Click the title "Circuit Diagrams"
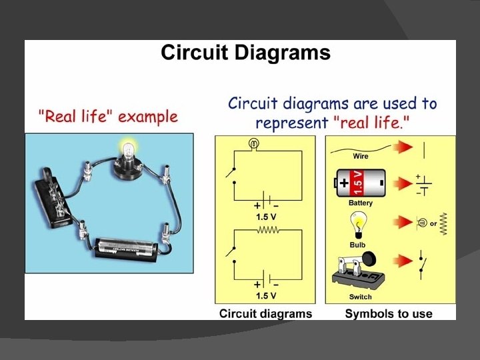(x=245, y=53)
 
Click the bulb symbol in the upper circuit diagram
(x=253, y=143)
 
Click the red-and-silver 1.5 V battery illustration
(x=360, y=181)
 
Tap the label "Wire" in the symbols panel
(x=360, y=157)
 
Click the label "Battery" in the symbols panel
(x=360, y=203)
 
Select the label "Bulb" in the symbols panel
(x=358, y=245)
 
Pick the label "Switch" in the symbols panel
(x=360, y=297)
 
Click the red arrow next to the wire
(x=400, y=148)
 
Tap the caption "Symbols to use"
(x=389, y=313)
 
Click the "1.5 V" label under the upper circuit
(x=267, y=217)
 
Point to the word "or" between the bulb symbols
(x=433, y=223)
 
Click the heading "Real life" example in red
(x=107, y=117)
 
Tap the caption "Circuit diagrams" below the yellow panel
(x=265, y=313)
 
